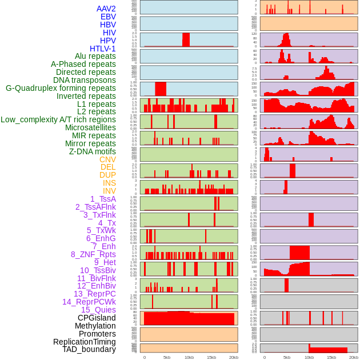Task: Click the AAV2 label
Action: pyautogui.click(x=106, y=9)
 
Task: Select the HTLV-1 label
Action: pyautogui.click(x=103, y=49)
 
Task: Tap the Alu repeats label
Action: pyautogui.click(x=95, y=56)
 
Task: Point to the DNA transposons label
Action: pyautogui.click(x=85, y=80)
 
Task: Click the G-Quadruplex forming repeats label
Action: pyautogui.click(x=61, y=88)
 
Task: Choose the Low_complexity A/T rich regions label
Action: pyautogui.click(x=58, y=119)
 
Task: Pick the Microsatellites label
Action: pyautogui.click(x=90, y=127)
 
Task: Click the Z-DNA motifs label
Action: pyautogui.click(x=93, y=151)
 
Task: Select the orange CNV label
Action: pyautogui.click(x=107, y=159)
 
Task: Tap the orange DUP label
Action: pyautogui.click(x=107, y=175)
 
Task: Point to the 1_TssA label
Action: pyautogui.click(x=103, y=199)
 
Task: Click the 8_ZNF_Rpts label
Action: pyautogui.click(x=93, y=254)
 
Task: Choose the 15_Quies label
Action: pyautogui.click(x=98, y=310)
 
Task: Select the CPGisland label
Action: pyautogui.click(x=97, y=318)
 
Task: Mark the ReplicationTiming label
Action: pyautogui.click(x=85, y=342)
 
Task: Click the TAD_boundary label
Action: pyautogui.click(x=89, y=349)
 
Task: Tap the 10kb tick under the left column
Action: pyautogui.click(x=189, y=357)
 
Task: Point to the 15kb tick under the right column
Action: pyautogui.click(x=331, y=357)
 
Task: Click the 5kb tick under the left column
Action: pyautogui.click(x=167, y=357)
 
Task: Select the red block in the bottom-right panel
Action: pyautogui.click(x=328, y=349)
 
